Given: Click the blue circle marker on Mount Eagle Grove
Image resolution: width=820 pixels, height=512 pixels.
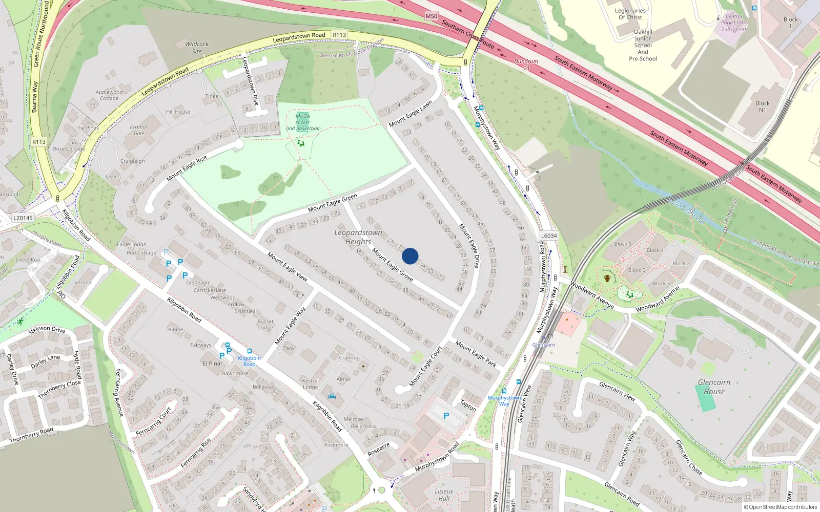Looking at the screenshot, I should [410, 256].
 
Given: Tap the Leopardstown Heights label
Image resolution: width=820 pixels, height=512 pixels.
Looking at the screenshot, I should [358, 237].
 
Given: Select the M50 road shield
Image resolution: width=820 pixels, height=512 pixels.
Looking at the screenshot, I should [432, 16].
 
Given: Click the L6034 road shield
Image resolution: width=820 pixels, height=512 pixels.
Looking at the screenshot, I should [548, 236].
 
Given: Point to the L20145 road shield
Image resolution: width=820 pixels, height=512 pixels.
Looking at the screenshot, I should [23, 218].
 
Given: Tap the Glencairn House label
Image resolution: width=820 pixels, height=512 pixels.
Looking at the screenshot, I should [714, 387].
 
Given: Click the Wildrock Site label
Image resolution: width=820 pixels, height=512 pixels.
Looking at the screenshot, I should [197, 48].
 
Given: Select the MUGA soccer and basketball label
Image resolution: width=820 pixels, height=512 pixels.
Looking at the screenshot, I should [302, 122].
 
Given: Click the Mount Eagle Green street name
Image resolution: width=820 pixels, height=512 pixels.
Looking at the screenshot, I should [333, 203].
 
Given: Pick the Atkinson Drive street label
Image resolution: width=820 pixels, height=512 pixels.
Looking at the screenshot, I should [47, 330].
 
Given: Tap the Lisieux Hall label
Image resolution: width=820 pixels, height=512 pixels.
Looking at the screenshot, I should [444, 495].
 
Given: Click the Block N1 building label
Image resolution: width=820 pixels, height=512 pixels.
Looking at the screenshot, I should [762, 106].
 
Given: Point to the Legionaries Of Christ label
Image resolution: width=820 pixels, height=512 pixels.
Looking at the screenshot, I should [630, 14].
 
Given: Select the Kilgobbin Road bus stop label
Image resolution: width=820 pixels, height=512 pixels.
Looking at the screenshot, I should [249, 361].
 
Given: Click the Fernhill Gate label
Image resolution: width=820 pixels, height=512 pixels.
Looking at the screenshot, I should [138, 130].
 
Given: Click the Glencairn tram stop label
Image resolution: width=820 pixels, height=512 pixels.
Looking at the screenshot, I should [544, 345].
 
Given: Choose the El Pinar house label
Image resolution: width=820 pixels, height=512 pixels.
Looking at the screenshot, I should [213, 364].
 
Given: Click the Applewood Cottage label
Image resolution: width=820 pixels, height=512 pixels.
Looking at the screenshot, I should [109, 95].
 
